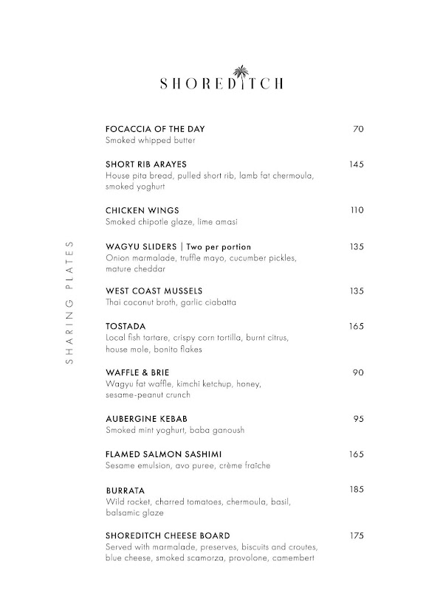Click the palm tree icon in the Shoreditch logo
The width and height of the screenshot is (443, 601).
[x=240, y=73]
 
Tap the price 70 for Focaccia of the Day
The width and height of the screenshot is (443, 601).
[x=358, y=130]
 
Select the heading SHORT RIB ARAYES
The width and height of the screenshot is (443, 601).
[x=146, y=164]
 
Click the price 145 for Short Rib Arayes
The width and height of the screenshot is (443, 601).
[x=357, y=164]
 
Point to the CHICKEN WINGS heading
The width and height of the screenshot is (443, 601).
[x=142, y=210]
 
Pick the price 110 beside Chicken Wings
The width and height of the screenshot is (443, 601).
[x=357, y=210]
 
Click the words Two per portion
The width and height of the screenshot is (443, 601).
[x=219, y=246]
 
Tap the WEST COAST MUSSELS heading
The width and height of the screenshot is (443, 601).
[x=154, y=291]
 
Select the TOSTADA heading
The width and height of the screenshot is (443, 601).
[x=126, y=326]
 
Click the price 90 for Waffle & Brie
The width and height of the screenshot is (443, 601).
[x=358, y=372]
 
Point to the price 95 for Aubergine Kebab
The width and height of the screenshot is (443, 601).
[x=358, y=419]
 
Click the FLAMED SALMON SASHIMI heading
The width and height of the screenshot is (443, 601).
[x=164, y=454]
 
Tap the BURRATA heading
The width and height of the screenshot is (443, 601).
[x=125, y=490]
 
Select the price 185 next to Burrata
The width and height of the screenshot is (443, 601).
[x=357, y=490]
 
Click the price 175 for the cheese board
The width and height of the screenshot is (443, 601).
[x=357, y=535]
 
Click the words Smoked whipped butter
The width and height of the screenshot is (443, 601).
[x=151, y=140]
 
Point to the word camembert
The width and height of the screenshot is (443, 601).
[x=294, y=558]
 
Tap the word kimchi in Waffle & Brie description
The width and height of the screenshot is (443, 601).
[x=189, y=384]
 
